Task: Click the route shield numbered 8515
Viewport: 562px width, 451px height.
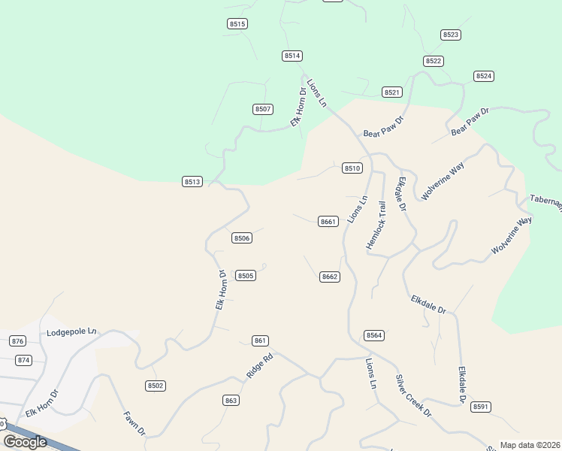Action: (x=237, y=24)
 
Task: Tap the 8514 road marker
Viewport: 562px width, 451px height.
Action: (x=292, y=56)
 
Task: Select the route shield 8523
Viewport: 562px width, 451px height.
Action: (x=451, y=35)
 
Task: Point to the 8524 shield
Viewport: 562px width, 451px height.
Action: (x=484, y=76)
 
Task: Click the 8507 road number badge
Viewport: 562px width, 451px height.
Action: (x=262, y=109)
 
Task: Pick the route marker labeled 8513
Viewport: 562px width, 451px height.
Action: (x=192, y=181)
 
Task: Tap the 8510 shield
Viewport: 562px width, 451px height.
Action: (x=352, y=168)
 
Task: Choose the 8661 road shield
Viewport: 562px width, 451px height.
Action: (x=328, y=221)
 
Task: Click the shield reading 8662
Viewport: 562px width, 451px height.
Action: (x=330, y=277)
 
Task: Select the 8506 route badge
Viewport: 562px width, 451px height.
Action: (x=241, y=238)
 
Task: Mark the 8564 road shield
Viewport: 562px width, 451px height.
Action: (x=374, y=335)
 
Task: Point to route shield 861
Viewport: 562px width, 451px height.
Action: (x=260, y=341)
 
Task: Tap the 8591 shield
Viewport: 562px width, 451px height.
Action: (x=481, y=407)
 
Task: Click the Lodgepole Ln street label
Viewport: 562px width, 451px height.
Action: (x=72, y=331)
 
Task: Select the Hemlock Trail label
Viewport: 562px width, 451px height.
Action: (x=376, y=225)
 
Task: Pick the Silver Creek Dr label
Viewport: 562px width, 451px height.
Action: (x=413, y=396)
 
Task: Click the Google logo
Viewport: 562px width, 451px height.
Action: (x=25, y=442)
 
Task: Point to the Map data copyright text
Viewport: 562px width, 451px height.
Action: (x=530, y=445)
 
